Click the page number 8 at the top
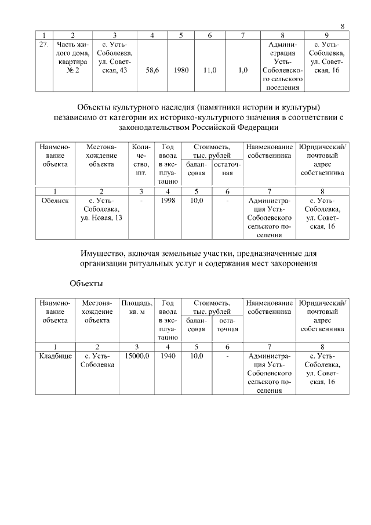click(x=343, y=26)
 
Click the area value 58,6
click(x=152, y=70)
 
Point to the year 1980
click(x=181, y=70)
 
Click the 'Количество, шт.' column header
click(x=141, y=160)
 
